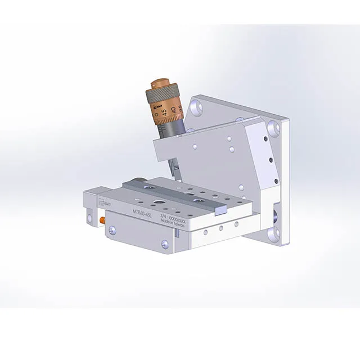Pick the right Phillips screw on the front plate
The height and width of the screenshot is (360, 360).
pos(164,244)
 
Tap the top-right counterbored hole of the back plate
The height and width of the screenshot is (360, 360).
pos(275,128)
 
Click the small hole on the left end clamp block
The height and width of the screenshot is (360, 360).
pos(91,214)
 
